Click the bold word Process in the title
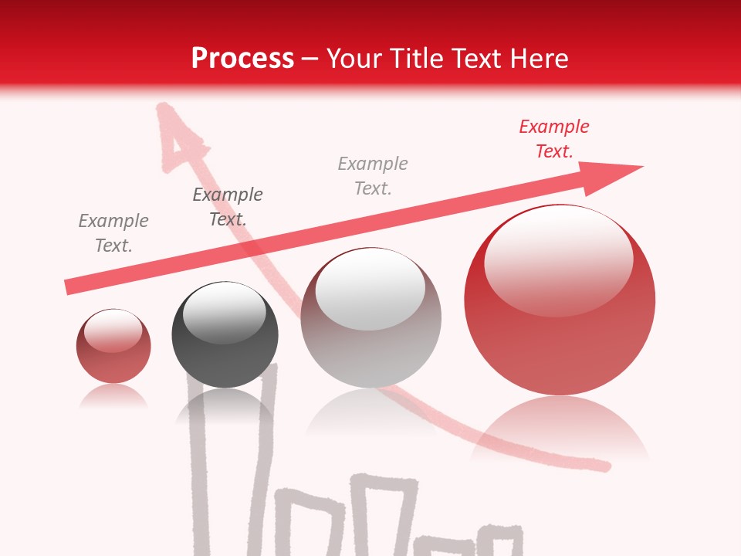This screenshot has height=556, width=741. coord(242,59)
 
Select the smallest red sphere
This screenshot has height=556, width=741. coord(113,347)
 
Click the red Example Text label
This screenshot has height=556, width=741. coord(554,139)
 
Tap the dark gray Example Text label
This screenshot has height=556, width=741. coord(228,207)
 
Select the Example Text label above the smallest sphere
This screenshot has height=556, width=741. coord(113,233)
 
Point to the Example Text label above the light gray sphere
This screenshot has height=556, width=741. coord(373,176)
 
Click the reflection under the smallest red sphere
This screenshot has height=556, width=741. coord(113,397)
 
